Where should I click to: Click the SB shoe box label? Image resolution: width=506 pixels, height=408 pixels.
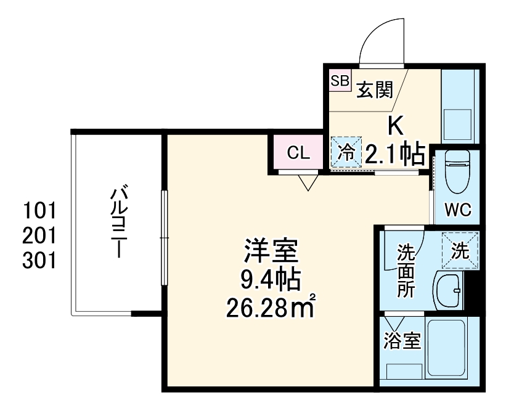[x=340, y=81]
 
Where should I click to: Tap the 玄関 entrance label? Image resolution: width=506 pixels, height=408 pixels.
[x=375, y=91]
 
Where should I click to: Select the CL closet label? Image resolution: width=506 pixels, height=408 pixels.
[x=298, y=153]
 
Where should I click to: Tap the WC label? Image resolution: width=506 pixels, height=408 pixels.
[x=458, y=210]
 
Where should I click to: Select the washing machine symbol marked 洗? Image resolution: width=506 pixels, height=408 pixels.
[x=460, y=251]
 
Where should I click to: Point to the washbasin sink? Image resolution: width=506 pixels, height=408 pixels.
[x=449, y=290]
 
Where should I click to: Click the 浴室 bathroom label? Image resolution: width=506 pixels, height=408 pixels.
[x=402, y=341]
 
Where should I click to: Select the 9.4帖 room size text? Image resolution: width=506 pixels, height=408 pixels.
[x=271, y=281]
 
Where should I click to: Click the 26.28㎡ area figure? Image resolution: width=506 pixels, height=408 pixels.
[x=271, y=306]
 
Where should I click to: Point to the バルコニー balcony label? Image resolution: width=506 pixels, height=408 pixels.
[x=118, y=222]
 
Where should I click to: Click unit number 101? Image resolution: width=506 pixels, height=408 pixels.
[x=39, y=211]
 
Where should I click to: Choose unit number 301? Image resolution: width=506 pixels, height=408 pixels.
[x=39, y=261]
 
